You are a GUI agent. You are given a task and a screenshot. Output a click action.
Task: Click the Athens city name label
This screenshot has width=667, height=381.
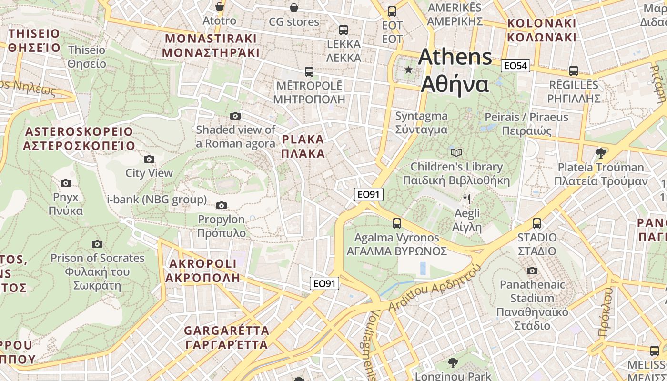(455, 70)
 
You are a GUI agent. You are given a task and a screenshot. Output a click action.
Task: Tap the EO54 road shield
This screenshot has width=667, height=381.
(515, 66)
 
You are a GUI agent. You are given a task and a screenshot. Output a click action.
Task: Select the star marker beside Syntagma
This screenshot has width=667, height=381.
(408, 70)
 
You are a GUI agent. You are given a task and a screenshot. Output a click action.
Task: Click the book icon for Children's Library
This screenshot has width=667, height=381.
(456, 152)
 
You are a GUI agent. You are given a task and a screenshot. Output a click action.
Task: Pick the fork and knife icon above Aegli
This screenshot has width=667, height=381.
(467, 199)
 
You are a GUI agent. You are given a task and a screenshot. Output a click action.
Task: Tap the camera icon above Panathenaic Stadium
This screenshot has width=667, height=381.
(532, 271)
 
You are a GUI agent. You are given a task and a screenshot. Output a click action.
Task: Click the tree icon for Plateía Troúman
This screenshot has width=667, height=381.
(601, 153)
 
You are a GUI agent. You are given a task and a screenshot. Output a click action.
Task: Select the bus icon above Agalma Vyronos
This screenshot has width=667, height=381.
(396, 223)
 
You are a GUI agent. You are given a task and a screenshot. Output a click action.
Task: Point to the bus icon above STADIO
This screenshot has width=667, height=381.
(537, 223)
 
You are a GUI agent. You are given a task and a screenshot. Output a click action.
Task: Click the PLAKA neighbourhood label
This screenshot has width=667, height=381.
(303, 146)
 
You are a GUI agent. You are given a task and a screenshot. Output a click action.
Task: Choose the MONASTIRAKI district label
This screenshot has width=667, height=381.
(210, 45)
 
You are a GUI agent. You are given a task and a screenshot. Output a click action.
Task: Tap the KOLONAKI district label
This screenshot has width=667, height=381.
(542, 30)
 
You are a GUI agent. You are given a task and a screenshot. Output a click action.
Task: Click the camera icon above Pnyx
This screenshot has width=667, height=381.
(66, 183)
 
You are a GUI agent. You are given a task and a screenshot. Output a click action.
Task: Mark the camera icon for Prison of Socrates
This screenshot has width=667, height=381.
(97, 244)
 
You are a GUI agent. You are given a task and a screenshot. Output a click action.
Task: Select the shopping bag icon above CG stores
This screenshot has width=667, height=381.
(294, 8)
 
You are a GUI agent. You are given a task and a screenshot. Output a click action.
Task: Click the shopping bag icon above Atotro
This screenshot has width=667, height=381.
(219, 7)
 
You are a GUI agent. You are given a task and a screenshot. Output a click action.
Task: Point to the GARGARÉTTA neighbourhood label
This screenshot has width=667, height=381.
(227, 337)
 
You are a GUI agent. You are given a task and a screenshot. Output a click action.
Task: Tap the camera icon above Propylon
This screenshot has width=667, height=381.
(221, 206)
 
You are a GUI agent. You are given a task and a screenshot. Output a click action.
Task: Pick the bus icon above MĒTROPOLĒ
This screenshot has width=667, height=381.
(309, 72)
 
